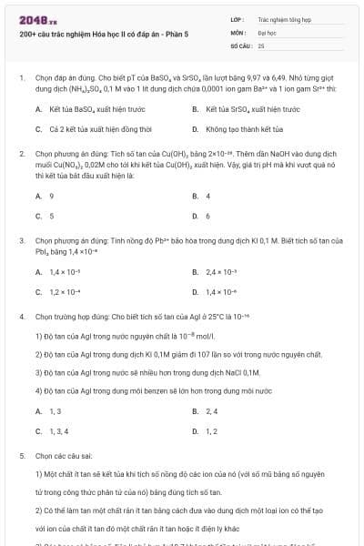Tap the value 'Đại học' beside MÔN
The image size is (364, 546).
coord(267,31)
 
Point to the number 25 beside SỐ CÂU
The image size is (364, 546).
coord(261,45)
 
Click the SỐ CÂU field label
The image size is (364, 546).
coord(240,45)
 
